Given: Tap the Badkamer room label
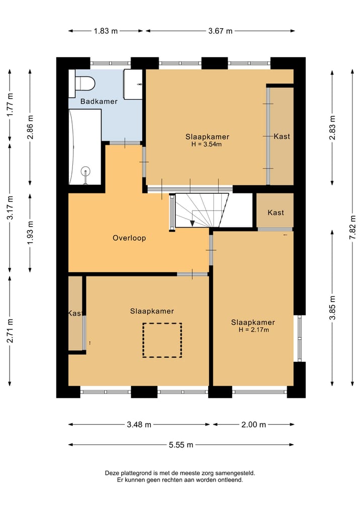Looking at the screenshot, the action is [x=99, y=101].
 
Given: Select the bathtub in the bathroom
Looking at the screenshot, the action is [x=85, y=147].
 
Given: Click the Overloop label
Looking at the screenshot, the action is [x=129, y=238].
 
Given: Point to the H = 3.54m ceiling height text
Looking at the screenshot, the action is [x=207, y=144].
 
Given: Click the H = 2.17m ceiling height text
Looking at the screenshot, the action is [x=254, y=330].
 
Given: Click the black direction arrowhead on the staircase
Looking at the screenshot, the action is [x=193, y=223].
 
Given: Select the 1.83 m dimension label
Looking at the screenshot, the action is [x=106, y=31].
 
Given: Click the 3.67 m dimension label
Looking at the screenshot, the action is [x=220, y=31].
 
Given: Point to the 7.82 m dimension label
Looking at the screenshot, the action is [x=352, y=228].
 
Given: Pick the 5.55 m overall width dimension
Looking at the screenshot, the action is [x=181, y=445].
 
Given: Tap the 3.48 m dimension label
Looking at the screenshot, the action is [x=139, y=425].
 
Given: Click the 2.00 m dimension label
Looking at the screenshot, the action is [x=254, y=425].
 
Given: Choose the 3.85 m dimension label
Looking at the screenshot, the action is [x=332, y=308].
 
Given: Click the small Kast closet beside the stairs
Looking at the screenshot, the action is [x=275, y=211].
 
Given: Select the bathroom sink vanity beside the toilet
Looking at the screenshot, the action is [x=133, y=84].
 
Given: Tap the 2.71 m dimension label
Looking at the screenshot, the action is [x=10, y=331].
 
